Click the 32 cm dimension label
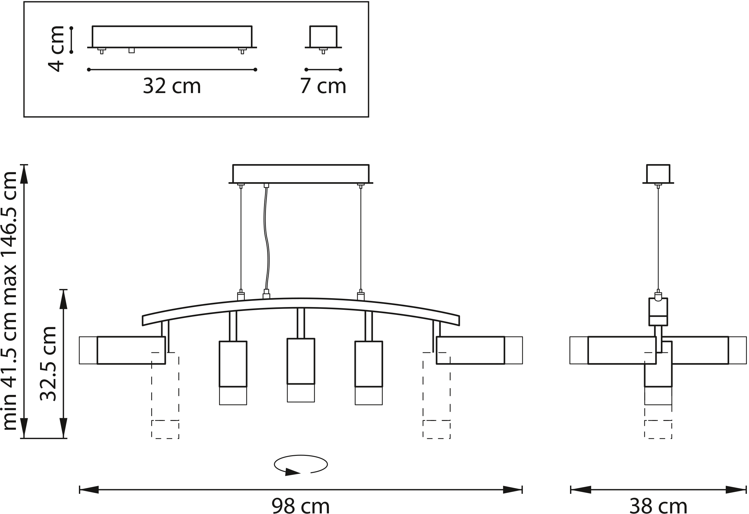[172, 86]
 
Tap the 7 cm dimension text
[323, 86]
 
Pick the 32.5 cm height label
[48, 364]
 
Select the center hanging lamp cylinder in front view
[301, 370]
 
